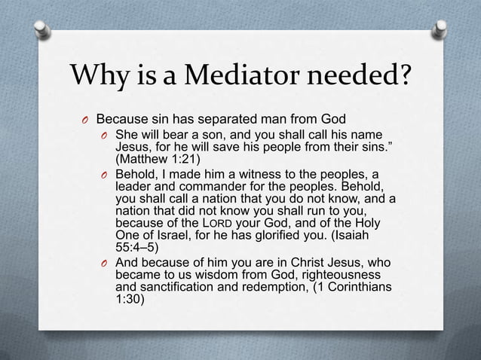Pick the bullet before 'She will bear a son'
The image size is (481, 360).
(106, 136)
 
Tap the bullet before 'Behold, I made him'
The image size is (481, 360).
(106, 175)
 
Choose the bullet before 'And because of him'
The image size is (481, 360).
(106, 264)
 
